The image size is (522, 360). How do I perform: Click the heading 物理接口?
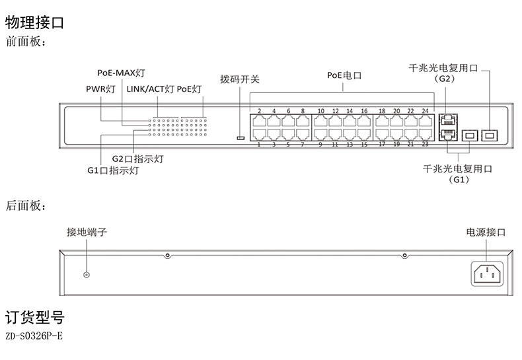coord(34,23)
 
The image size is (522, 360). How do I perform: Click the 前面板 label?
coord(26,43)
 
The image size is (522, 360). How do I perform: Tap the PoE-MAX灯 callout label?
coord(121,73)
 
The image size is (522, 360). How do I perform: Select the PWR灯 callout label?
coord(100,89)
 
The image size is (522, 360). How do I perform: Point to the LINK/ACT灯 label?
coord(150,89)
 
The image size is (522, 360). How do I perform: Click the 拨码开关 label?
coord(240,80)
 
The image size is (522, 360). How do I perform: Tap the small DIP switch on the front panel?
coord(241,138)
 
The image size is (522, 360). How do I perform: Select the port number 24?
coord(425,111)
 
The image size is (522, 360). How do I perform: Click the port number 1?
coord(258,144)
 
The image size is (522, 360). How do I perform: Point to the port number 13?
coord(349,144)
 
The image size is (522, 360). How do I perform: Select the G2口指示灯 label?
coord(137,159)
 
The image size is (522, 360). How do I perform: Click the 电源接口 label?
coord(486,233)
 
